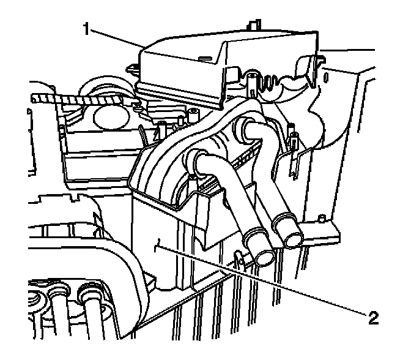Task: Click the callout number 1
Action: [89, 28]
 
